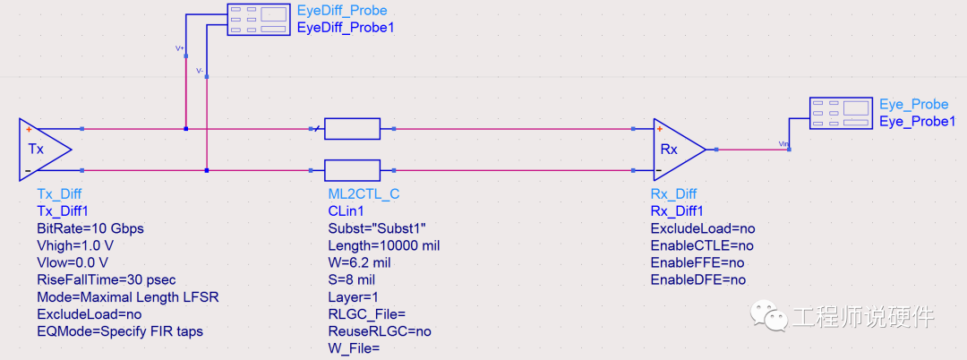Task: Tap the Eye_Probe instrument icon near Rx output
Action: click(841, 114)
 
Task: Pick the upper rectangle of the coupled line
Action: click(352, 129)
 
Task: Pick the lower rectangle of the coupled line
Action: click(352, 169)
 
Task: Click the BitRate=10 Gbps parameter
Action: click(90, 228)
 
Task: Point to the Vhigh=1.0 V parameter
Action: click(75, 245)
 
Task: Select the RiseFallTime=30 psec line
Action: click(104, 279)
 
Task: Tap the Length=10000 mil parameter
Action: click(383, 245)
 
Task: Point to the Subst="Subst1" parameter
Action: click(377, 228)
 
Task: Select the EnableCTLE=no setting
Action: click(702, 245)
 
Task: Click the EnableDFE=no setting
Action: click(698, 279)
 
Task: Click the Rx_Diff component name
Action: click(673, 194)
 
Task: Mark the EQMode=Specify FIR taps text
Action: click(120, 331)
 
